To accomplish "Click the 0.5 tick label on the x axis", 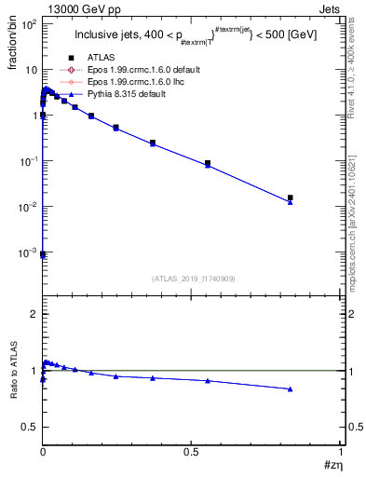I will click(192, 452).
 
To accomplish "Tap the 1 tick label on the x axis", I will click(341, 452).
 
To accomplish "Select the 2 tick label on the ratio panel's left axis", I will click(32, 314).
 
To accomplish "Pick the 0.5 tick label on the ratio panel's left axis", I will click(28, 427).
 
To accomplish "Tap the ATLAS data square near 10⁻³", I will click(43, 253).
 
